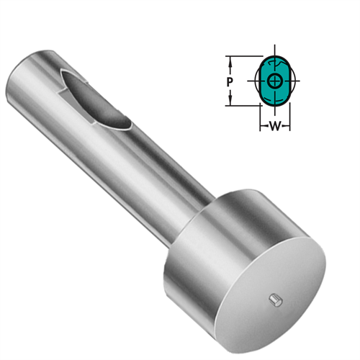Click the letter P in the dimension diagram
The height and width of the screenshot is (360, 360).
pyautogui.click(x=228, y=82)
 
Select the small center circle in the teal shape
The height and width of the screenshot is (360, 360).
pyautogui.click(x=274, y=81)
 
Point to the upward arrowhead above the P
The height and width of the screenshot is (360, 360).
pyautogui.click(x=228, y=60)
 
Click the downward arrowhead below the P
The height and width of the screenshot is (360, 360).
pyautogui.click(x=228, y=103)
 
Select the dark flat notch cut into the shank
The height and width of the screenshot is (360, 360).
pyautogui.click(x=97, y=97)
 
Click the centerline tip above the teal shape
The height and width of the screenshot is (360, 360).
pyautogui.click(x=274, y=51)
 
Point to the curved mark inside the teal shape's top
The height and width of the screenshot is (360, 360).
pyautogui.click(x=274, y=67)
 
